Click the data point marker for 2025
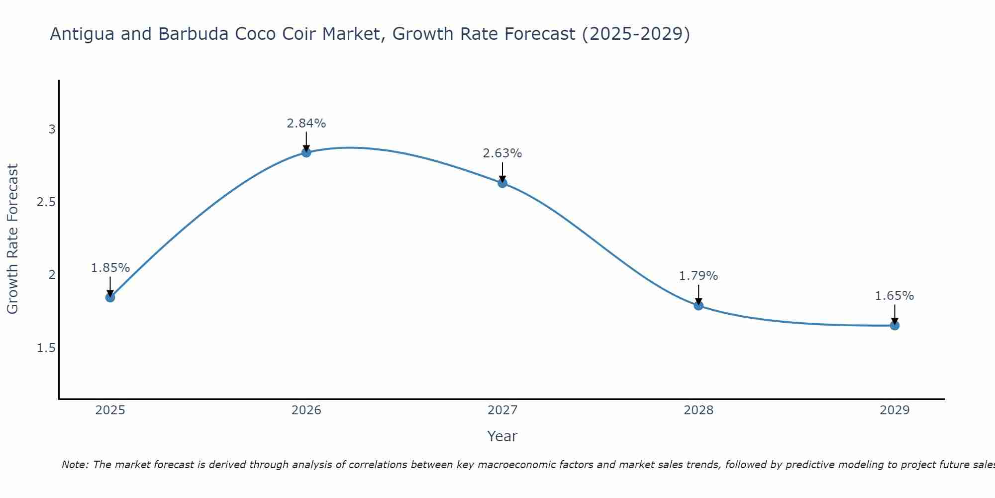coord(110,297)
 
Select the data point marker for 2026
coord(306,152)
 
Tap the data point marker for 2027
coord(502,183)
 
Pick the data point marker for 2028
coord(698,305)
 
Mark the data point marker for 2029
coord(895,326)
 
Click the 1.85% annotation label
coord(110,268)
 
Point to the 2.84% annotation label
coord(306,124)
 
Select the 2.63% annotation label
coord(502,153)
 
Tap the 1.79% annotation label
coord(698,276)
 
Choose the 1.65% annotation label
coord(895,296)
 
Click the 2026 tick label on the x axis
coord(306,410)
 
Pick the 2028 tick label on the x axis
coord(698,410)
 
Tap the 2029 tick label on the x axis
coord(895,410)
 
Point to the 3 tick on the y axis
coord(52,129)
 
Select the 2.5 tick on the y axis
coord(46,202)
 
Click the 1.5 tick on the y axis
coord(46,348)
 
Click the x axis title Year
coord(502,436)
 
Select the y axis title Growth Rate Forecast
coord(12,239)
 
